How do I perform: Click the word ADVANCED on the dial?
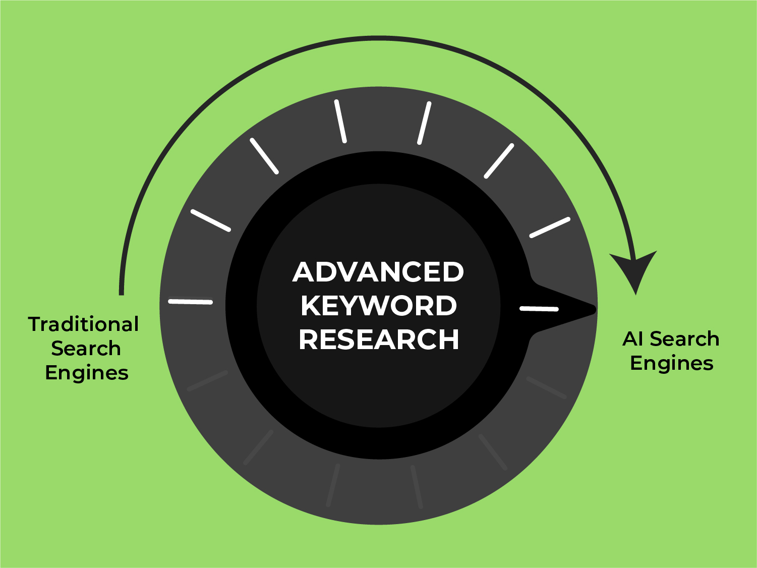(378, 272)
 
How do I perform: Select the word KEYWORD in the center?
(378, 306)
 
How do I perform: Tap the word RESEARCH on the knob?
(378, 339)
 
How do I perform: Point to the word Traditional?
(83, 324)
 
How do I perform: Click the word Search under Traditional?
(86, 349)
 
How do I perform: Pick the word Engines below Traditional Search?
(87, 373)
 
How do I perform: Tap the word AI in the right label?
(633, 339)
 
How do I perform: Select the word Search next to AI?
(684, 339)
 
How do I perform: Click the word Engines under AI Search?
(672, 363)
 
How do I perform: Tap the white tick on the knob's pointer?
(539, 308)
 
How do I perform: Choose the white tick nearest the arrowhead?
(550, 228)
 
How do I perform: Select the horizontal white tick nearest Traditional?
(190, 302)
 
